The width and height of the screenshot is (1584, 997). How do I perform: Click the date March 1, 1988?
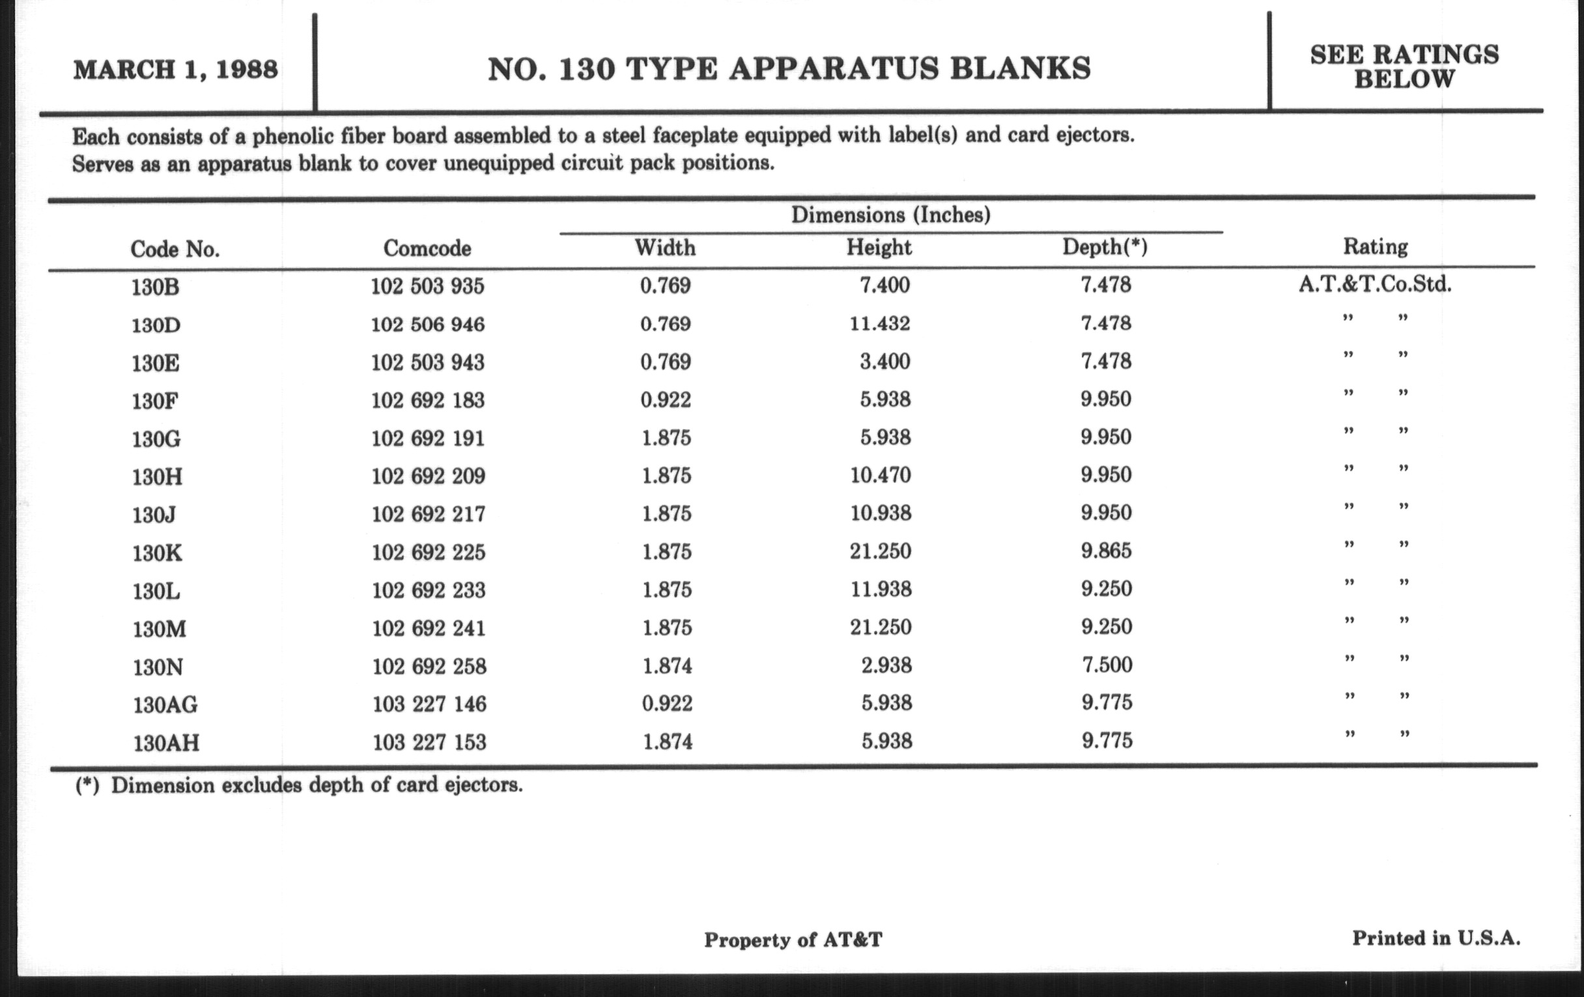tap(176, 70)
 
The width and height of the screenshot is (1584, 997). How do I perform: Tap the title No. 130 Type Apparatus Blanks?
tap(789, 69)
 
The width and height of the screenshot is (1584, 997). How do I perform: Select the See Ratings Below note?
tap(1404, 66)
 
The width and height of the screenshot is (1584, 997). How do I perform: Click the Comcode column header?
tap(427, 248)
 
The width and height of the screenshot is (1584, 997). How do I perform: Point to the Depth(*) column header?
tap(1105, 247)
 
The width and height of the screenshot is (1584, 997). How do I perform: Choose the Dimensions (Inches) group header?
tap(890, 215)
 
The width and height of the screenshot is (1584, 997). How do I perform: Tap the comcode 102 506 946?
tap(427, 325)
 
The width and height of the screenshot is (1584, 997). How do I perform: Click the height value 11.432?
tap(879, 324)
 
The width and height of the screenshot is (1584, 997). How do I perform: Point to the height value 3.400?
tap(884, 361)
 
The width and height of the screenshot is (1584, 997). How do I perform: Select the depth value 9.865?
tap(1106, 550)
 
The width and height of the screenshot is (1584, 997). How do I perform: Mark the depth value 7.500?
tap(1107, 665)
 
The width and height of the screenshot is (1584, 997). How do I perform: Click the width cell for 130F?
tap(665, 399)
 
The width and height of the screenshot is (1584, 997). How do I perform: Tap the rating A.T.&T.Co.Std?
tap(1375, 285)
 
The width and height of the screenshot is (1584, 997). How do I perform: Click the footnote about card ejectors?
tap(299, 786)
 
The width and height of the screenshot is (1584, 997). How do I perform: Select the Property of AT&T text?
tap(793, 940)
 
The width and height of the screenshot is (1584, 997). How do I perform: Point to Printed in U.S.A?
tap(1435, 938)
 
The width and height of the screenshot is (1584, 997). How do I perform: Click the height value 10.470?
tap(880, 475)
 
